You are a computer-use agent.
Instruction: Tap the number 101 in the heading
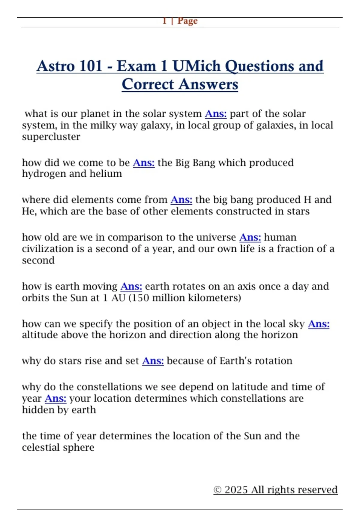[91, 66]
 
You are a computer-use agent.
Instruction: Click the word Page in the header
[187, 21]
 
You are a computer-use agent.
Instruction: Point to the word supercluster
[51, 137]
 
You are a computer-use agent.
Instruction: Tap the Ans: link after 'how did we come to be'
[144, 163]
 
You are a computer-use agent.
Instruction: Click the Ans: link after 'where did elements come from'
[181, 200]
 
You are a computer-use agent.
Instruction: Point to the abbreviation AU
[118, 298]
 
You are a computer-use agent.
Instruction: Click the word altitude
[40, 335]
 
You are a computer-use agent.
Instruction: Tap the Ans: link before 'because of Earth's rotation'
[153, 361]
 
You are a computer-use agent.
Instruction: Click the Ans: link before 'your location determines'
[55, 398]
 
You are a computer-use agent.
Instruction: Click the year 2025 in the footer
[236, 490]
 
